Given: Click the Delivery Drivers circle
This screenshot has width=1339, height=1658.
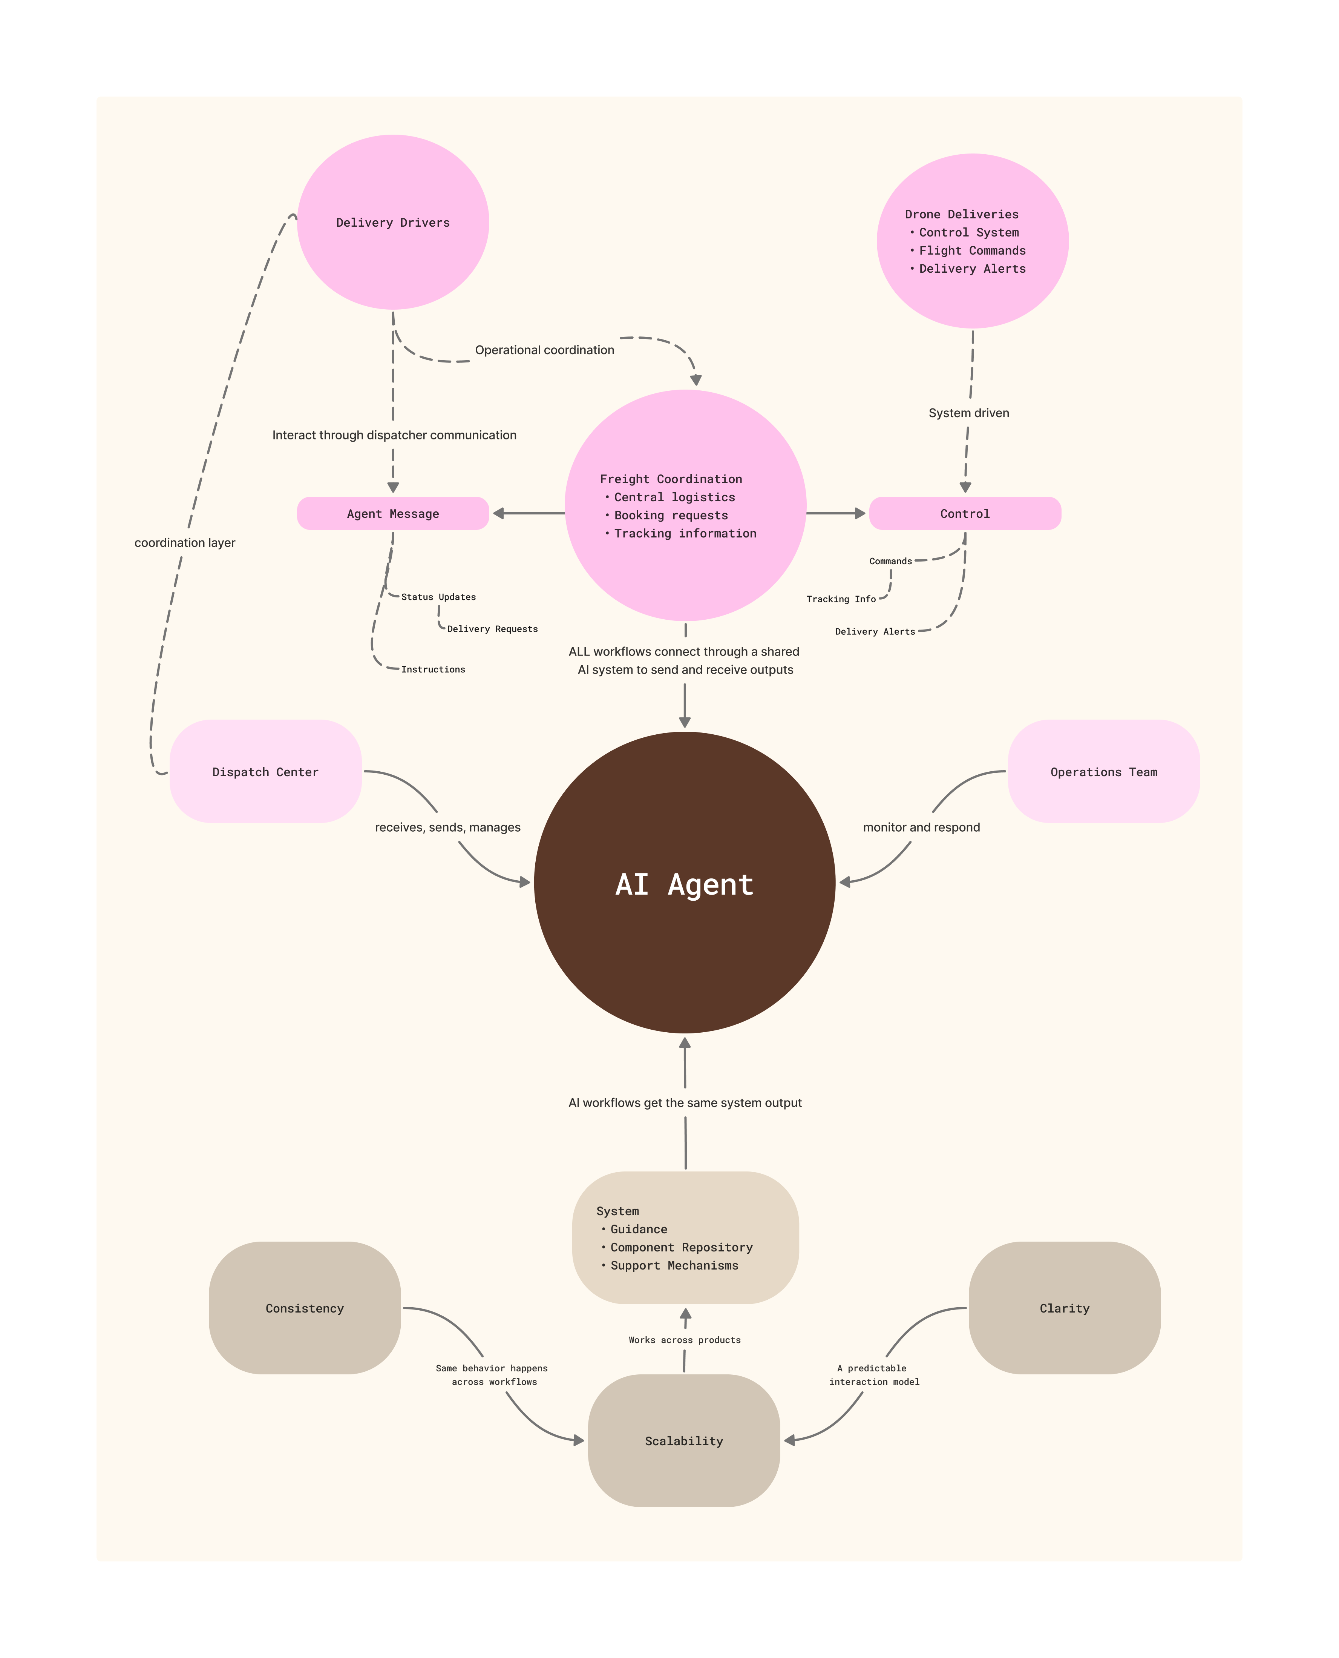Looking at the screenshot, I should coord(392,222).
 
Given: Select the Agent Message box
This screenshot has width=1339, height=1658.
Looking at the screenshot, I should coord(392,514).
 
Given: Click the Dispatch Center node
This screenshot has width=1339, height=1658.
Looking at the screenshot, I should coord(265,772).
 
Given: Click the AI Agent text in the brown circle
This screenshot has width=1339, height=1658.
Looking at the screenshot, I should coord(684,884).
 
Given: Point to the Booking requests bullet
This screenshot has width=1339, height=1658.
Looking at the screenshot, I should coord(670,515).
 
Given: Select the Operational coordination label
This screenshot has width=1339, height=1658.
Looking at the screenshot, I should coord(545,350).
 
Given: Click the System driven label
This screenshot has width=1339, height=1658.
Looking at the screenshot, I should coord(969,413).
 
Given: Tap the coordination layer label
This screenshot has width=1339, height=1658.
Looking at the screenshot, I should coord(185,543).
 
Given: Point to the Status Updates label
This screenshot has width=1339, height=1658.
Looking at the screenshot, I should coord(438,597).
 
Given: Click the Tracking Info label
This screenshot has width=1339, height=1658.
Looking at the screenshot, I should coord(841,599).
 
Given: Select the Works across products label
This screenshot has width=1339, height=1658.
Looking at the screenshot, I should coord(684,1340).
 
